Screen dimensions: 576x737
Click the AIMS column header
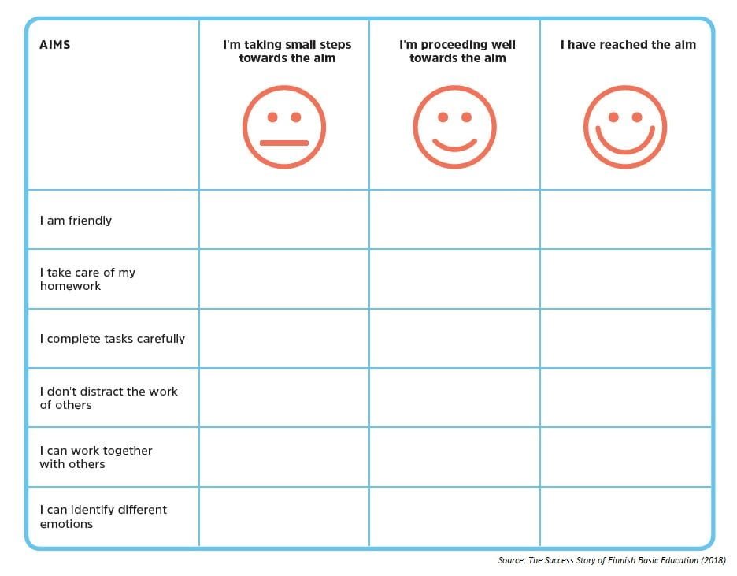(55, 45)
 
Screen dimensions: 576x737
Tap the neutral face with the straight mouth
(284, 127)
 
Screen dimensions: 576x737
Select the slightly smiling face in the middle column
(454, 127)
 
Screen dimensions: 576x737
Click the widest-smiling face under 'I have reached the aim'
(625, 127)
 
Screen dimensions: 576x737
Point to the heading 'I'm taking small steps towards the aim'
(287, 51)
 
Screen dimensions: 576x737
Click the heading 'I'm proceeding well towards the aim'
(457, 51)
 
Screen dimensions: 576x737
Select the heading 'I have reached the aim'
(628, 45)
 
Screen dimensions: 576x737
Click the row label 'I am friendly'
(76, 221)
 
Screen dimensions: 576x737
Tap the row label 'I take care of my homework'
(87, 279)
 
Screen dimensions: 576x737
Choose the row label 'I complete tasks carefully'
(113, 339)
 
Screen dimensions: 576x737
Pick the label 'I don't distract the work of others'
(109, 398)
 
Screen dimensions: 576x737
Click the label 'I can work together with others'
(96, 457)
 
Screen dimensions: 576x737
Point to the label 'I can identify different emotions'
(103, 516)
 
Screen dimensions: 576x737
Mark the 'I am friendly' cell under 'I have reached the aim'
(625, 220)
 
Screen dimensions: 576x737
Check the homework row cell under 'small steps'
(284, 279)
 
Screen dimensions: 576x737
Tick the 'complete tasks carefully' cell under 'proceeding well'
(454, 339)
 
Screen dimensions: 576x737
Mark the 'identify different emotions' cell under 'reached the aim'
(625, 516)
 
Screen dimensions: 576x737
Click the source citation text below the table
(612, 560)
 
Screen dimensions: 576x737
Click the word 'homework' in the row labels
(71, 286)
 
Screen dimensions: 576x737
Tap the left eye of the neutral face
(272, 117)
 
